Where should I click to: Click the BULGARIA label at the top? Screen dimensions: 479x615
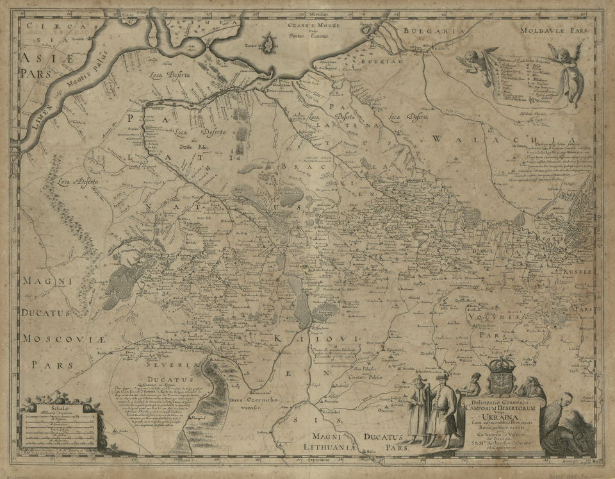click(x=424, y=30)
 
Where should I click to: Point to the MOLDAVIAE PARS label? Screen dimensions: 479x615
click(x=541, y=30)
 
